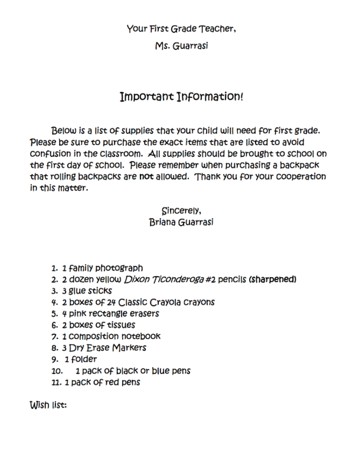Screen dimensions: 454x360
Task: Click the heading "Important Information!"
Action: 181,96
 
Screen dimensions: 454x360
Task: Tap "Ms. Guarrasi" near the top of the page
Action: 181,46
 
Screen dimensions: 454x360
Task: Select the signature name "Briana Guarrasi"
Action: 181,222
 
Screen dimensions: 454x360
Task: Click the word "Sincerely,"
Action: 181,210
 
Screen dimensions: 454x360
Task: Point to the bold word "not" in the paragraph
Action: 146,176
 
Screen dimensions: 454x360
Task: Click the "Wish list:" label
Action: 48,406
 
